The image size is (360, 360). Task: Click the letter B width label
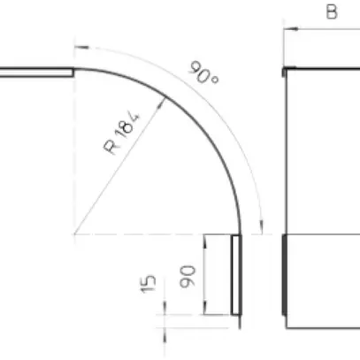pyautogui.click(x=331, y=11)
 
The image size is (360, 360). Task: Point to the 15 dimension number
pyautogui.click(x=149, y=282)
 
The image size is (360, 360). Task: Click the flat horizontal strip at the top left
pyautogui.click(x=35, y=73)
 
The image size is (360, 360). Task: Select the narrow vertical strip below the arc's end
pyautogui.click(x=236, y=274)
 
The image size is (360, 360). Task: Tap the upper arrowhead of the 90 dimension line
pyautogui.click(x=204, y=239)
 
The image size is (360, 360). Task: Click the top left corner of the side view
pyautogui.click(x=283, y=69)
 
